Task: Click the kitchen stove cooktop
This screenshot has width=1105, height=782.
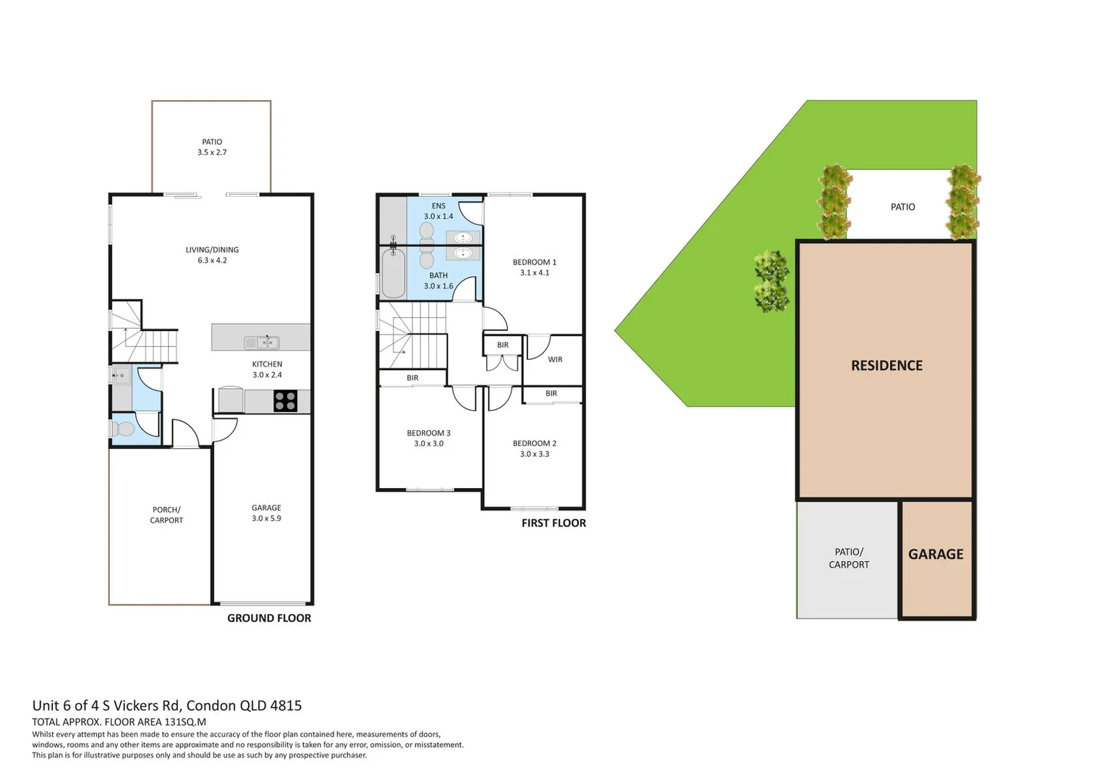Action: pos(285,401)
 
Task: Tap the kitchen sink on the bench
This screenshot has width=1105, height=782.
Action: pos(262,342)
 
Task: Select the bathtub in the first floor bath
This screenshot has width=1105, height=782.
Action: pos(393,273)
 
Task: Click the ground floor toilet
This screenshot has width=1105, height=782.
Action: pos(124,429)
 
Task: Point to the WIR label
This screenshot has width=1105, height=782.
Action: pos(555,360)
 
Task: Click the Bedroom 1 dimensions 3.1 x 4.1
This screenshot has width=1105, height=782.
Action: pos(534,273)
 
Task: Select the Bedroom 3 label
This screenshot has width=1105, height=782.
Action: pos(428,433)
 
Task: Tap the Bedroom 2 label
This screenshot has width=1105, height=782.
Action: pos(534,443)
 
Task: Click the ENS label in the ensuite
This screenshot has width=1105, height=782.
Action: pos(439,206)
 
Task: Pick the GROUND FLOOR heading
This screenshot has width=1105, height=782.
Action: pos(269,618)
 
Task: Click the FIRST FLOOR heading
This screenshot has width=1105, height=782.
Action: pos(554,523)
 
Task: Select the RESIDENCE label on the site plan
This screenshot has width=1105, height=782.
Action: pos(886,366)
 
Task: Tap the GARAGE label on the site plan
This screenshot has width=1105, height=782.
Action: pos(936,554)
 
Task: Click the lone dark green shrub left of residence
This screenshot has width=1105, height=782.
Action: pos(771,282)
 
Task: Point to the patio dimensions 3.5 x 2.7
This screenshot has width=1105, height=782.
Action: pos(212,153)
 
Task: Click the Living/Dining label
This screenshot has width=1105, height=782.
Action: pos(212,250)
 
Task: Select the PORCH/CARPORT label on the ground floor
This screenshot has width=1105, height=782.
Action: pos(166,515)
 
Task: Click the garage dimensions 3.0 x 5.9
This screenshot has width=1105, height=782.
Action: pos(266,518)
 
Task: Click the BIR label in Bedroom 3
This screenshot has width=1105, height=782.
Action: pos(412,378)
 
